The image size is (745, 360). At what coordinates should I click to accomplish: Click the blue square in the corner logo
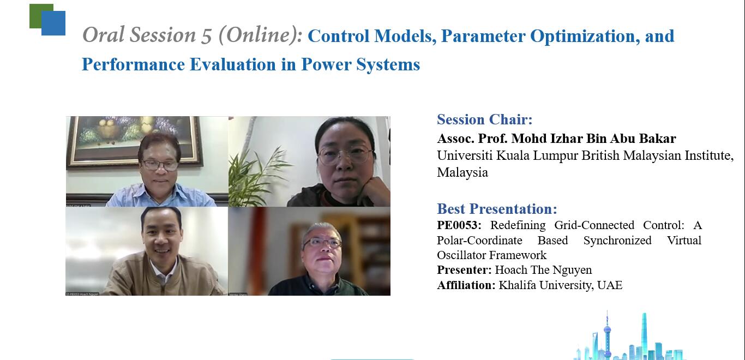point(53,23)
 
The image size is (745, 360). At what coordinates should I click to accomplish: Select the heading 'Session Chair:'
point(485,119)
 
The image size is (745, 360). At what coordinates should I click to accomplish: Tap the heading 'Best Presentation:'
point(497,209)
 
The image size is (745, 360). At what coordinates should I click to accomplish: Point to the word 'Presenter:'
point(464,270)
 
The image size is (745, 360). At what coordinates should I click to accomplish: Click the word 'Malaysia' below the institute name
point(462,173)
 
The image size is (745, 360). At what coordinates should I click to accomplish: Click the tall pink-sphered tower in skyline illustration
point(608,334)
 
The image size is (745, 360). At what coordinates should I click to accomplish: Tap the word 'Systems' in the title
point(388,64)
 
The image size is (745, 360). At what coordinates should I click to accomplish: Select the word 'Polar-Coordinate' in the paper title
point(479,241)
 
